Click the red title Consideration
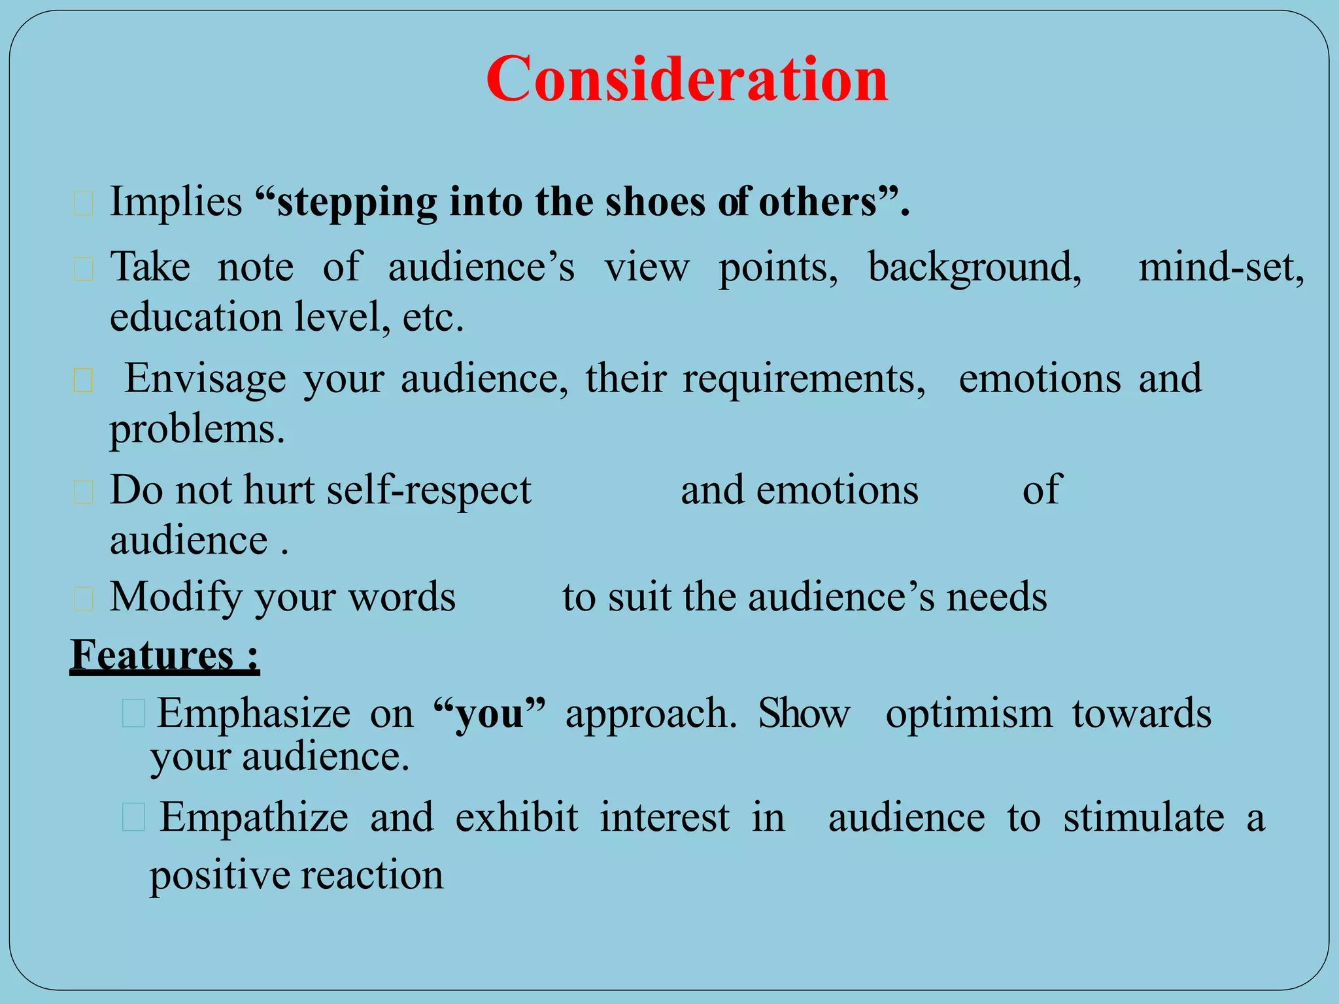pyautogui.click(x=686, y=79)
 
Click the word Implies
pyautogui.click(x=176, y=201)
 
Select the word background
pyautogui.click(x=974, y=268)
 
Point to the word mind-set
pyautogui.click(x=1221, y=267)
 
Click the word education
pyautogui.click(x=195, y=318)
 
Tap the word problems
pyautogui.click(x=197, y=430)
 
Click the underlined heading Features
pyautogui.click(x=152, y=655)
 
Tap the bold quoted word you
pyautogui.click(x=490, y=713)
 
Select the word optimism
pyautogui.click(x=968, y=713)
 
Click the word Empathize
pyautogui.click(x=254, y=818)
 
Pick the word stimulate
pyautogui.click(x=1144, y=818)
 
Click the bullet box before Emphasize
pyautogui.click(x=133, y=713)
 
